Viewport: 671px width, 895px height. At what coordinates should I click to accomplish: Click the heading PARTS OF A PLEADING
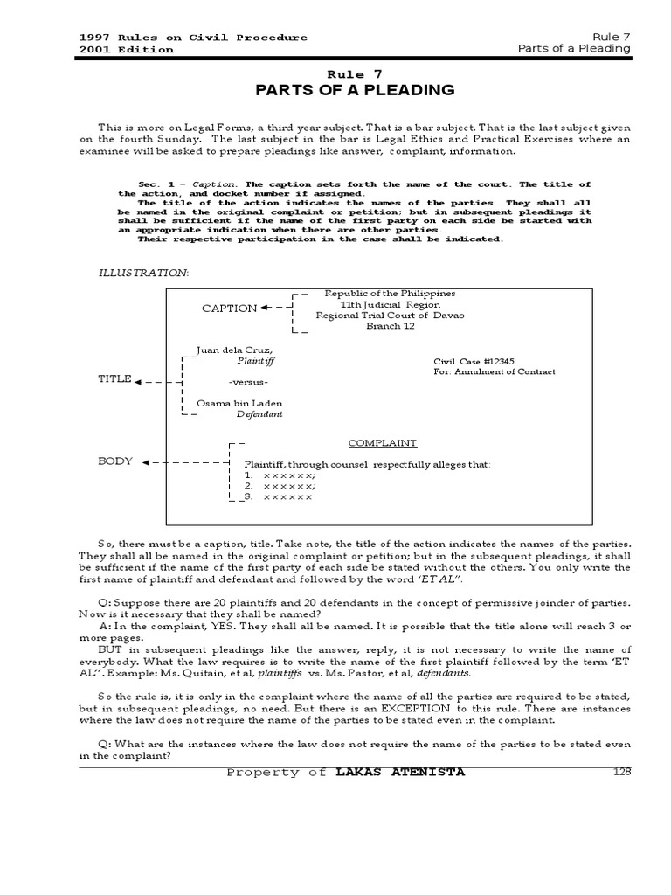click(x=354, y=90)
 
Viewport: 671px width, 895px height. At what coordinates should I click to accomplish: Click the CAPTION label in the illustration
click(x=229, y=309)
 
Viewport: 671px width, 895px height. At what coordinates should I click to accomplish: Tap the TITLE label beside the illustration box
click(x=114, y=379)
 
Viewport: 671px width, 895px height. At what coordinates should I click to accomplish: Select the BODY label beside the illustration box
click(x=115, y=461)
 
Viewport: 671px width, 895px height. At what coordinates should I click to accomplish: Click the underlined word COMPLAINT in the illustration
click(x=383, y=443)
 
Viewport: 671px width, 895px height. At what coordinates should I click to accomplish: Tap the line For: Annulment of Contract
click(x=494, y=371)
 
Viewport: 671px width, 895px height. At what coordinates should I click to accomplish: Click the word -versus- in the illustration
click(x=248, y=383)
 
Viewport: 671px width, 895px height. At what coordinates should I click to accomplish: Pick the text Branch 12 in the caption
click(x=390, y=326)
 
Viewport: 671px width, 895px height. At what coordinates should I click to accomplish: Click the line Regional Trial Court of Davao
click(x=390, y=315)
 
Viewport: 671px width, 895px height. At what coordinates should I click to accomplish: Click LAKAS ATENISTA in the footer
click(x=400, y=772)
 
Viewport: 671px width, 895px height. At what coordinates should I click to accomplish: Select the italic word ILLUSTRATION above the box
click(x=143, y=273)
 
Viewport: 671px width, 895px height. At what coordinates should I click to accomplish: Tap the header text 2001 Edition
click(x=126, y=49)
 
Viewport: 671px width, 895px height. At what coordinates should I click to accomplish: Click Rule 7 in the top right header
click(x=611, y=37)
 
